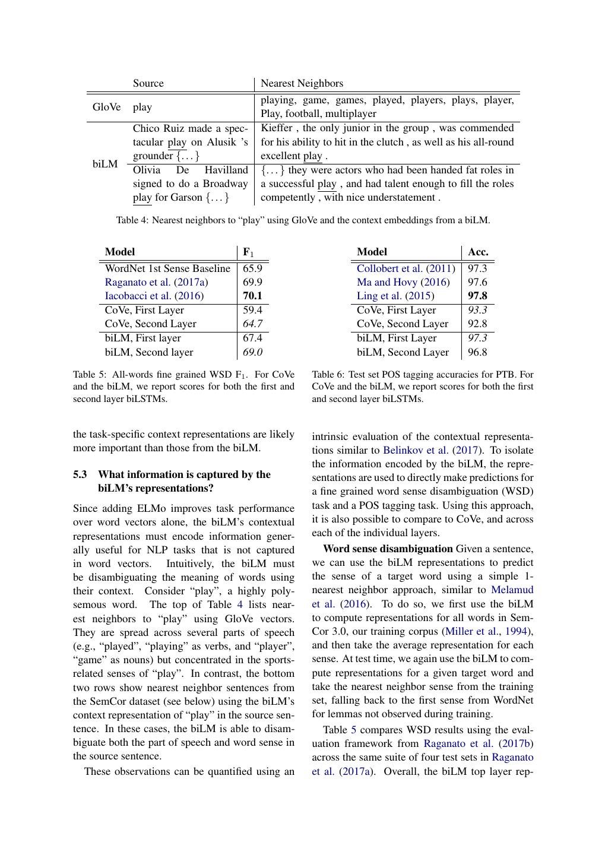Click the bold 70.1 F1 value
252,296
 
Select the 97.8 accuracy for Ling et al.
477,296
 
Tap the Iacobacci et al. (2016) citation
154,296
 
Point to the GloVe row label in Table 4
106,107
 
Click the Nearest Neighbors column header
302,83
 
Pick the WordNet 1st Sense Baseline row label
167,268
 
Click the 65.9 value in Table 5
252,268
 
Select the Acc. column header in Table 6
478,252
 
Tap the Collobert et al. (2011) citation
406,268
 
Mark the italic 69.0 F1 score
252,352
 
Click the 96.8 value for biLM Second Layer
477,352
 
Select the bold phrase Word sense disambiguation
388,549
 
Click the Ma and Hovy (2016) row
403,282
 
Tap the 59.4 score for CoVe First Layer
252,310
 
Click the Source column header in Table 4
148,83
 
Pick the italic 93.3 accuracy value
477,310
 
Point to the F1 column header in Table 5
248,252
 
